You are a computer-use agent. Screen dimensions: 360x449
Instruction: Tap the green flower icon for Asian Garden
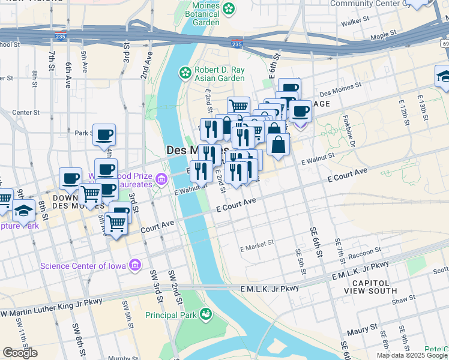[185, 73]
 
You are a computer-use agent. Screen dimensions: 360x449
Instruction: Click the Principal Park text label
[172, 314]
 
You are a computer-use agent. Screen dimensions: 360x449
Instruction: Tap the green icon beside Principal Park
[206, 313]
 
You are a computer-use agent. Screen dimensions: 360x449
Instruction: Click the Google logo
[20, 353]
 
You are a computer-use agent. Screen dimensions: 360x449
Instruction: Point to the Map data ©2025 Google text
[412, 355]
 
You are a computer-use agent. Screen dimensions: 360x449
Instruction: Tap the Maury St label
[365, 328]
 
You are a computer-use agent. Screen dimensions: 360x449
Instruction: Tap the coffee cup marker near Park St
[104, 134]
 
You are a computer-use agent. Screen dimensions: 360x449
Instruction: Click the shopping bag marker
[279, 145]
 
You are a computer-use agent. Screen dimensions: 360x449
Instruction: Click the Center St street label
[26, 112]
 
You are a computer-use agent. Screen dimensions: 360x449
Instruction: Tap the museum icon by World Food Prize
[160, 179]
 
